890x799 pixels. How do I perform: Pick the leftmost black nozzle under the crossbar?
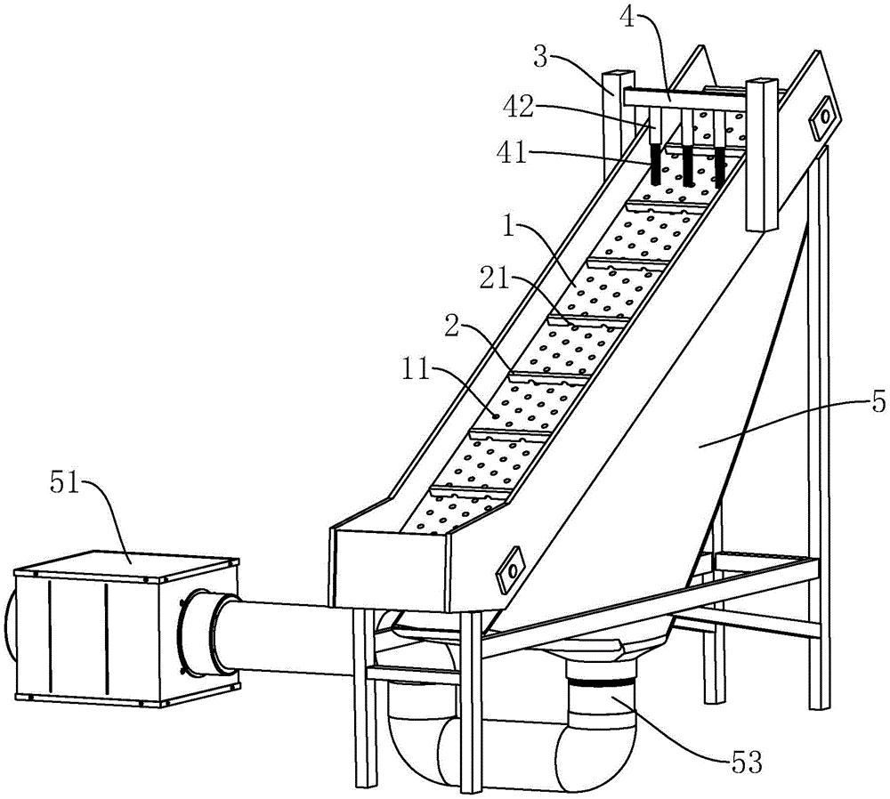[x=656, y=165]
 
